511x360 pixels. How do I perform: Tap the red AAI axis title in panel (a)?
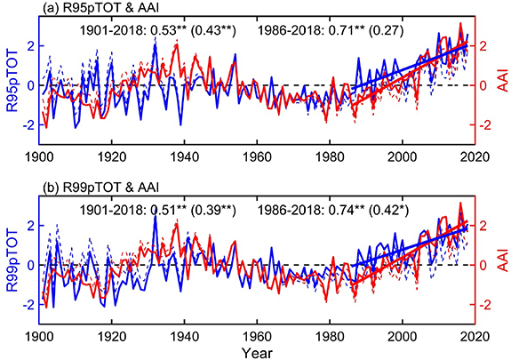(x=502, y=86)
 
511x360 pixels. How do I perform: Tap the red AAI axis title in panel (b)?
(x=502, y=266)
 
